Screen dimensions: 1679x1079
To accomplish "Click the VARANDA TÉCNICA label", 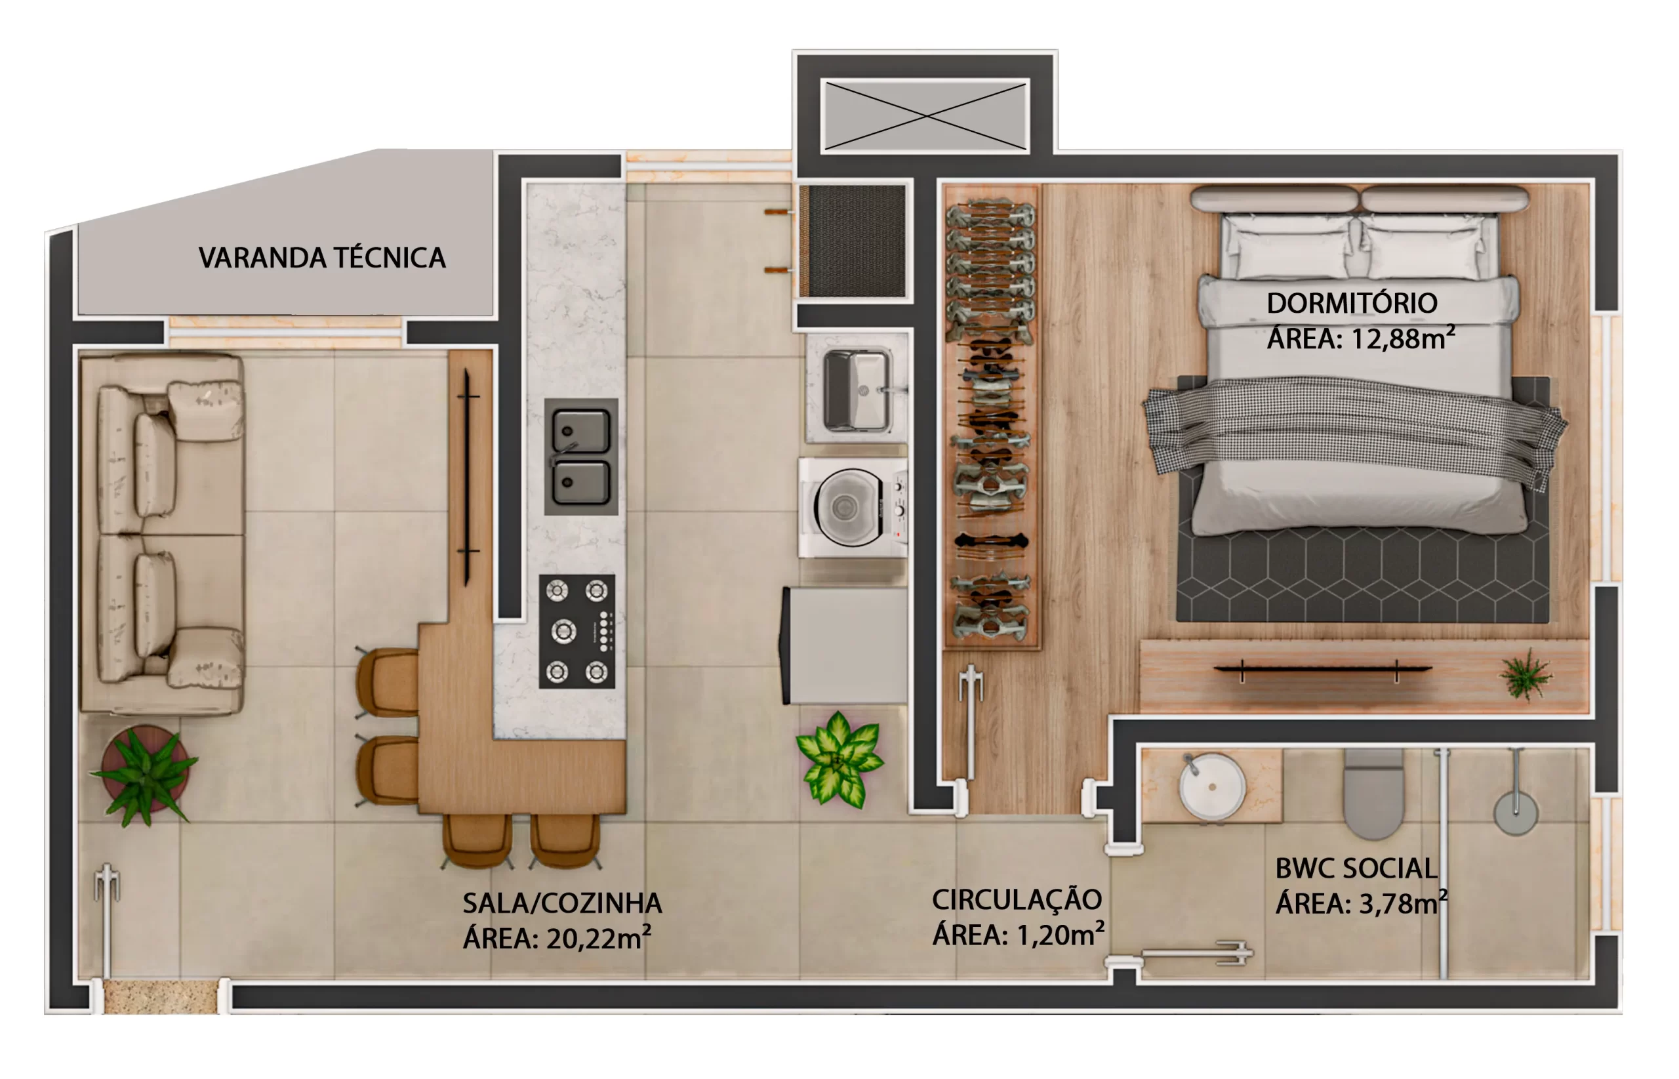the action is click(321, 257).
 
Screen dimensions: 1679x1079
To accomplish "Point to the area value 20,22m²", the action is click(598, 938).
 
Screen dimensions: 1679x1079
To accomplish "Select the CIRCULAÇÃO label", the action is click(1017, 900).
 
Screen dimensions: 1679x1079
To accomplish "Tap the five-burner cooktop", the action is click(577, 631).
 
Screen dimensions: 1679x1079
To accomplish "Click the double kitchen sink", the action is click(580, 457).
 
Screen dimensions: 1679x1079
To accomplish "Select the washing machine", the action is click(853, 508).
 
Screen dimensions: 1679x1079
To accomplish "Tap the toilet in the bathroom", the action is click(1373, 794).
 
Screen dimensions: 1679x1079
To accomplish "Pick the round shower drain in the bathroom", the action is click(1515, 813).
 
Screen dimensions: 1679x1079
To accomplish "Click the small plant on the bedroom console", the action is click(1525, 674).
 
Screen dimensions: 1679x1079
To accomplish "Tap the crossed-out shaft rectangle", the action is click(925, 115).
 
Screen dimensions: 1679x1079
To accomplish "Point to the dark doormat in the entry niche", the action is click(853, 240).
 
